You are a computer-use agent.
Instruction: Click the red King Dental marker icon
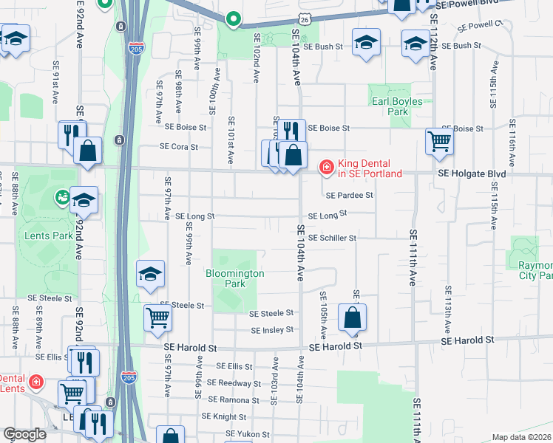(325, 168)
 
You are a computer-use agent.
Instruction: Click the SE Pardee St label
(349, 195)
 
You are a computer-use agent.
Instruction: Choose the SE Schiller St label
(332, 238)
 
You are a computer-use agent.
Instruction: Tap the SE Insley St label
(272, 330)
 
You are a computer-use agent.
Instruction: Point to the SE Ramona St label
(234, 400)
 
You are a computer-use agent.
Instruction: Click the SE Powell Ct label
(479, 25)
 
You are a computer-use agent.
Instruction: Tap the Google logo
(24, 434)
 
